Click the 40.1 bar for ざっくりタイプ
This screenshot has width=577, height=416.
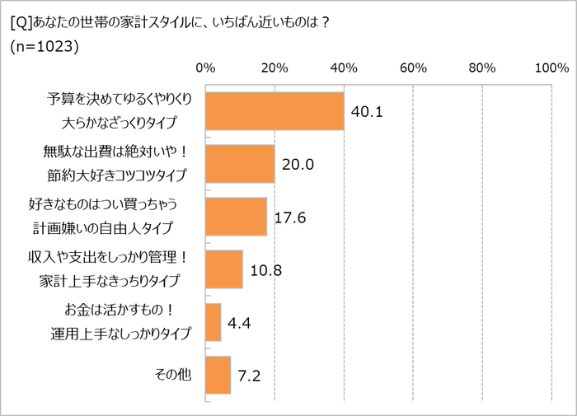pos(274,111)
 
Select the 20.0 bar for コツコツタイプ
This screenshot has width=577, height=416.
pos(239,164)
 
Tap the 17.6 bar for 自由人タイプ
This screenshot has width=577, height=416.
pos(235,217)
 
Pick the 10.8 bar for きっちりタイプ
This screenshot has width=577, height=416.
pos(223,269)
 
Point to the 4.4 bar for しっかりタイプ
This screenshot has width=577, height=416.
pos(213,322)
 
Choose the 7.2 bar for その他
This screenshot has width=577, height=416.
pos(218,375)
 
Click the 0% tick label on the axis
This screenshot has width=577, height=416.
pos(205,68)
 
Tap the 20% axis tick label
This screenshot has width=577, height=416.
pos(274,68)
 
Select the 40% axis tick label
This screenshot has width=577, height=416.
pos(344,68)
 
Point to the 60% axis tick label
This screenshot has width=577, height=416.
pos(413,68)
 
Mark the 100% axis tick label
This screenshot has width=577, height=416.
pos(548,68)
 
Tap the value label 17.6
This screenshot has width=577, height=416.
pos(291,217)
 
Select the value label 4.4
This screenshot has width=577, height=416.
pos(241,322)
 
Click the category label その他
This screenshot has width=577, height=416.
pos(173,375)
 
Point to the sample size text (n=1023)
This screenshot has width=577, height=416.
pos(44,48)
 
